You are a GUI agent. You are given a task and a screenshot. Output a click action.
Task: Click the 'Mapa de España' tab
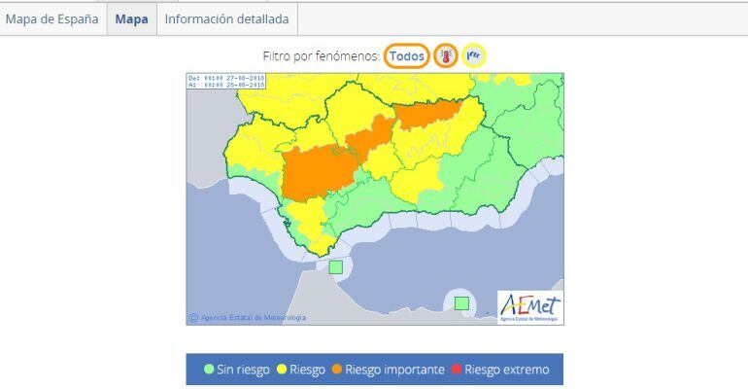(52, 19)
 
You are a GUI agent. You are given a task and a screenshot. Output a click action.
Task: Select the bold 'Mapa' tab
(131, 19)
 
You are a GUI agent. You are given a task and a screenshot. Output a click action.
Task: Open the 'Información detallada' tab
(227, 19)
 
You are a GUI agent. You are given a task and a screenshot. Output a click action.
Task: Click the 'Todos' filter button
(407, 56)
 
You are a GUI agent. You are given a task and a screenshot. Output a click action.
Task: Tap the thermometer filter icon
(446, 56)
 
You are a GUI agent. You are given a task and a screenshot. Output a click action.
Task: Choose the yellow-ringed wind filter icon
(474, 56)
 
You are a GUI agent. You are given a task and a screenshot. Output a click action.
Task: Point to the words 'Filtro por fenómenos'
(321, 56)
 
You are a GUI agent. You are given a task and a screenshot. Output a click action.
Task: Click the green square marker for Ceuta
(336, 266)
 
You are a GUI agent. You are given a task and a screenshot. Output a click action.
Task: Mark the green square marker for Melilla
(461, 303)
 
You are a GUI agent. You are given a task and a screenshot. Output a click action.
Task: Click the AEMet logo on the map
(529, 306)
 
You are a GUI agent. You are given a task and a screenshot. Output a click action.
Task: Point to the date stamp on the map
(226, 81)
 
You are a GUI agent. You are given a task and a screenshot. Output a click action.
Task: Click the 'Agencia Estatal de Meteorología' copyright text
(251, 317)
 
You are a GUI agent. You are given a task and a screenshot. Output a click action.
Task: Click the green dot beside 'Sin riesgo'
(209, 370)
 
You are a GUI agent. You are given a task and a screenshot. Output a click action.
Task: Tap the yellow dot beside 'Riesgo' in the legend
(282, 370)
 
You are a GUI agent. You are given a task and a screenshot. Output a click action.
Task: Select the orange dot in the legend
(337, 370)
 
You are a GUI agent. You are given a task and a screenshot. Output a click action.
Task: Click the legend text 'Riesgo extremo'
(506, 370)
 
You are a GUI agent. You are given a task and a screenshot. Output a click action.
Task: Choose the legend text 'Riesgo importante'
(394, 370)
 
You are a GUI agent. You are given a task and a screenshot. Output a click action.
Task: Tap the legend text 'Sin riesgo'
(243, 370)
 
